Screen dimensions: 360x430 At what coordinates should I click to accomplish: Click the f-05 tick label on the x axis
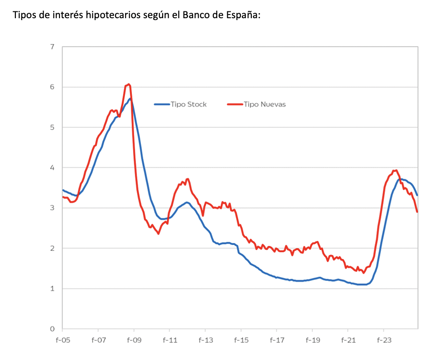[62, 340]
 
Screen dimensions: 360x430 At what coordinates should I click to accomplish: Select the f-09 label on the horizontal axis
[134, 340]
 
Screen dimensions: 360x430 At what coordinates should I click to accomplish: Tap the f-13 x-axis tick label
[205, 340]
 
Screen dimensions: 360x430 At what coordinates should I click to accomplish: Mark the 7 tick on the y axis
[52, 47]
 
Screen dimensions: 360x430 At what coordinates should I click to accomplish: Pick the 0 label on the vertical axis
[52, 329]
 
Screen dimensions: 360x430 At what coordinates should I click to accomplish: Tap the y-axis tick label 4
[52, 168]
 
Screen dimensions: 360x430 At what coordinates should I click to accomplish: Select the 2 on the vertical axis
[52, 248]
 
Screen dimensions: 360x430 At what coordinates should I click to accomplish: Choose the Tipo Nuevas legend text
[265, 105]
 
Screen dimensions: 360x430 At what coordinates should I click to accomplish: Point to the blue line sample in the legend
[162, 105]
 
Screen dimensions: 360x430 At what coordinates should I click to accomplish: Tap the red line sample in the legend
[235, 105]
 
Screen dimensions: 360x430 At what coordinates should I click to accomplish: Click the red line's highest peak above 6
[129, 84]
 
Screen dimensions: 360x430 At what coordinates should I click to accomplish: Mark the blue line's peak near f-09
[130, 99]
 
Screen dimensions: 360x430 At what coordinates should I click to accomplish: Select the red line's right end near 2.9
[417, 211]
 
